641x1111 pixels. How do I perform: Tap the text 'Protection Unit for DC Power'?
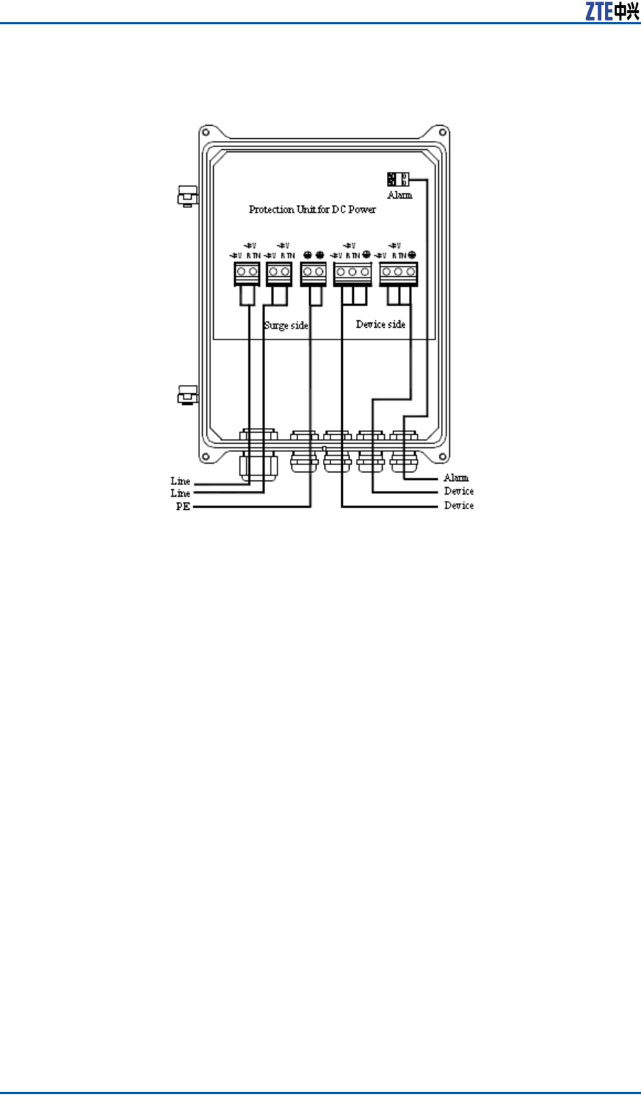pyautogui.click(x=312, y=209)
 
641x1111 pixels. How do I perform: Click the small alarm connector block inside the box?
pyautogui.click(x=398, y=179)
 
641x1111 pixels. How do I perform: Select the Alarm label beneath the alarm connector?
pyautogui.click(x=400, y=195)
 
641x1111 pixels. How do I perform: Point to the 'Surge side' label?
pyautogui.click(x=286, y=325)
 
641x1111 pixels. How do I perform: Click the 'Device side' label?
pyautogui.click(x=380, y=324)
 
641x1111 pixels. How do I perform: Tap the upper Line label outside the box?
pyautogui.click(x=181, y=481)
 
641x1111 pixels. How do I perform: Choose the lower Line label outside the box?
pyautogui.click(x=181, y=493)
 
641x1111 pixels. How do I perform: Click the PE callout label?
pyautogui.click(x=182, y=507)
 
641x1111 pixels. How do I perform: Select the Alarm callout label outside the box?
pyautogui.click(x=456, y=478)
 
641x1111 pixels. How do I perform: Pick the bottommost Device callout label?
pyautogui.click(x=459, y=506)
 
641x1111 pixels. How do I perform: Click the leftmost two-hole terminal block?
pyautogui.click(x=247, y=273)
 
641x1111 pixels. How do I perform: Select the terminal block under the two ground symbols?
pyautogui.click(x=314, y=273)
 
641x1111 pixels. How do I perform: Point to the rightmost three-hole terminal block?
pyautogui.click(x=398, y=273)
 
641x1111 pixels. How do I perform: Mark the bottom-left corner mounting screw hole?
pyautogui.click(x=206, y=457)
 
